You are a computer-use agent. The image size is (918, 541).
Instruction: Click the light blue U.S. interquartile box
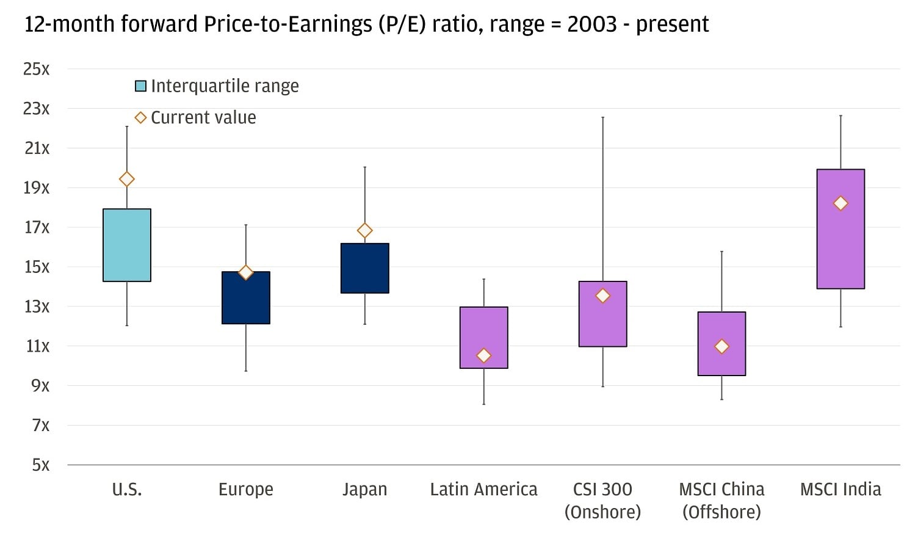(x=127, y=245)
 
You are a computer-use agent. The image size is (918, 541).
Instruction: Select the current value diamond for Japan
(x=365, y=230)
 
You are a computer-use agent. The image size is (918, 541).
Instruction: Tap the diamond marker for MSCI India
(x=840, y=203)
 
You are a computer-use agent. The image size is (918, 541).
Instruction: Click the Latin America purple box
(x=484, y=330)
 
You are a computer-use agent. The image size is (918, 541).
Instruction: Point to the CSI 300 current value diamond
(x=603, y=296)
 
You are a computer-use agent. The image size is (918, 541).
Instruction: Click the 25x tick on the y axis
(x=36, y=69)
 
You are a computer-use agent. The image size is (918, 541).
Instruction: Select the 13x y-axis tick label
(x=36, y=307)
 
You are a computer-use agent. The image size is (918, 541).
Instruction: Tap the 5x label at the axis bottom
(x=40, y=465)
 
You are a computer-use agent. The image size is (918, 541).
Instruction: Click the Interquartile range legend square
(x=140, y=86)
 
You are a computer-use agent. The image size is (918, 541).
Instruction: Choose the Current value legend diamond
(x=140, y=117)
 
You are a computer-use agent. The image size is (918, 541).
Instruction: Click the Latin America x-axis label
(x=483, y=489)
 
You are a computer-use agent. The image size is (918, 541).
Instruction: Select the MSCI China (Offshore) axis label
(x=721, y=500)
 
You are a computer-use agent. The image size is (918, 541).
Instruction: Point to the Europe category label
(x=246, y=489)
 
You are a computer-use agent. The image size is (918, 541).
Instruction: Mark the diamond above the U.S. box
(x=127, y=179)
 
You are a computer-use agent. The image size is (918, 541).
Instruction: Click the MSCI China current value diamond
(x=721, y=347)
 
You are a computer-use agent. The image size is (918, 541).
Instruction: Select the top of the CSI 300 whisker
(x=603, y=117)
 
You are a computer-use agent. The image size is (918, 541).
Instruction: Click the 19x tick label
(x=36, y=187)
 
